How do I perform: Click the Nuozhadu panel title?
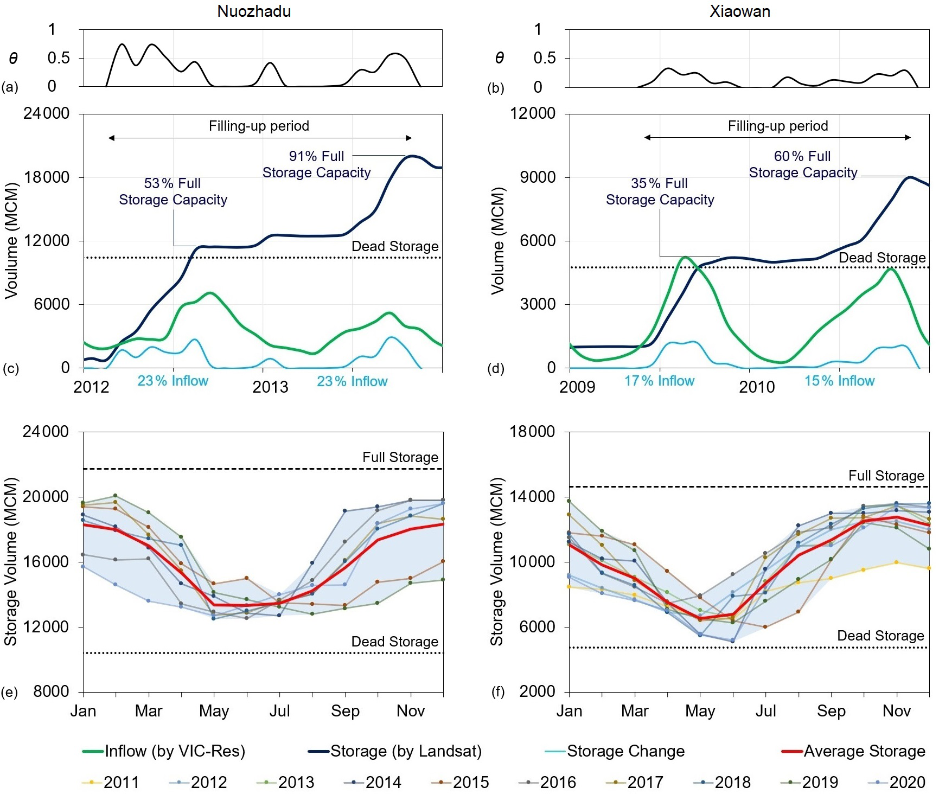coord(254,11)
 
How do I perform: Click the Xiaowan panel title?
coord(740,11)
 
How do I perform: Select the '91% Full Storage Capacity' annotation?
coord(317,164)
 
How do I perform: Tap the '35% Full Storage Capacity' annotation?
coord(660,191)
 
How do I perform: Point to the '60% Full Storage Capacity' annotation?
coord(803,164)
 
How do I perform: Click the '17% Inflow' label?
coord(659,381)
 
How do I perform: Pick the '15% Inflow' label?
coord(839,381)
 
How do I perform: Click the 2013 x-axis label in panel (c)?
coord(270,387)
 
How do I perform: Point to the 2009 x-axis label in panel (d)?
coord(577,387)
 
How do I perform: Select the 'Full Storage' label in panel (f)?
coord(886,476)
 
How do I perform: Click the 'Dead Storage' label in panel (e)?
coord(395,642)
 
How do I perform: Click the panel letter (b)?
coord(496,88)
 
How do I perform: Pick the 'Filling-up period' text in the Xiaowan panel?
coord(778,126)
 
